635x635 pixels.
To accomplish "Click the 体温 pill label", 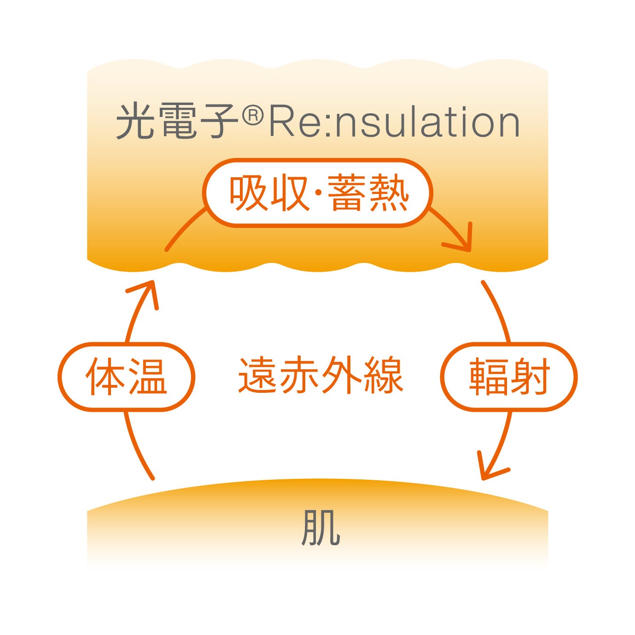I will [x=126, y=377].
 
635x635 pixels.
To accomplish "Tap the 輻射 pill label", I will [x=509, y=377].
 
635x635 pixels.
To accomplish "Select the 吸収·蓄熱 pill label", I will [x=318, y=193].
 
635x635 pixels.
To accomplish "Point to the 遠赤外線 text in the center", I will [x=320, y=375].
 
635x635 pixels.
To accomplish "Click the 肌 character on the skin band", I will [x=320, y=527].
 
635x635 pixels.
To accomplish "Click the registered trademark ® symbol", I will [x=253, y=116].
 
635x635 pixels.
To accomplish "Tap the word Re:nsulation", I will [x=394, y=122].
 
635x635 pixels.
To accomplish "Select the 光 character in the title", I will [x=135, y=121].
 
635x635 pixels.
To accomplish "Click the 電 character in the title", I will [x=177, y=121].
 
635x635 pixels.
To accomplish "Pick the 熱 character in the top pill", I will [x=389, y=193].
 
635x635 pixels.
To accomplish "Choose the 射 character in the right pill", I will [x=530, y=377].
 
